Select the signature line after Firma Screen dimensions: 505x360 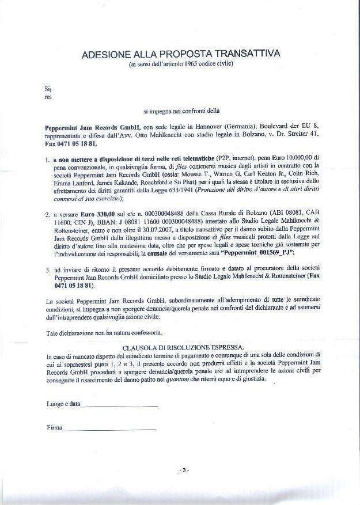109,430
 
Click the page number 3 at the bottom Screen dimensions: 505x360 183,471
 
